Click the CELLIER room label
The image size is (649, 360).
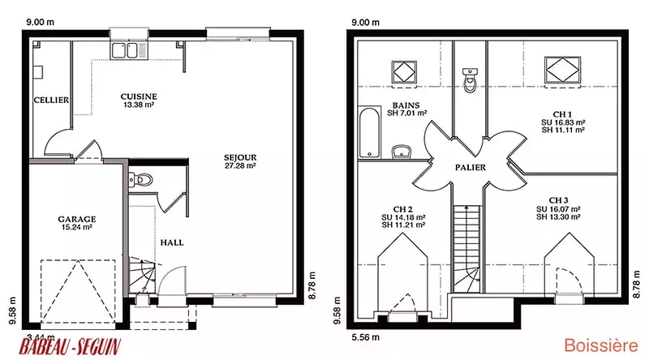(x=51, y=101)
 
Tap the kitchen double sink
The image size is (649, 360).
(x=129, y=50)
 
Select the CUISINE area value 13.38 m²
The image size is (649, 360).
(x=139, y=105)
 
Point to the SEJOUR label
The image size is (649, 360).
(x=240, y=157)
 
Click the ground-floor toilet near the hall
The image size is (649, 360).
(x=140, y=180)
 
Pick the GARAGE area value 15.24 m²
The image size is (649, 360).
(x=76, y=227)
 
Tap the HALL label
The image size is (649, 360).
(x=172, y=243)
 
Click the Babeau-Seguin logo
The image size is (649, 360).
(x=70, y=346)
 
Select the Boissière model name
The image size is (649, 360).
(x=601, y=345)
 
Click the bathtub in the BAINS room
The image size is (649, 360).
(x=370, y=132)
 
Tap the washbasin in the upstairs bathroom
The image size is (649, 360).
(x=401, y=152)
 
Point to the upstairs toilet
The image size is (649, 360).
(x=471, y=79)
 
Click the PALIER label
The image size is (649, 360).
(x=471, y=168)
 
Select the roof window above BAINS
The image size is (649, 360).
(x=404, y=73)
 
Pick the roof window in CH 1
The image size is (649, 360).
(x=562, y=70)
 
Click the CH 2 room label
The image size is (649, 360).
(x=402, y=210)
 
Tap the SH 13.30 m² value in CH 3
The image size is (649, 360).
(x=558, y=217)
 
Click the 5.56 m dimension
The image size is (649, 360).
(x=366, y=337)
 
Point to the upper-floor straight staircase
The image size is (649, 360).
(x=467, y=248)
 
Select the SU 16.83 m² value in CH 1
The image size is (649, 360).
(x=563, y=122)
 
